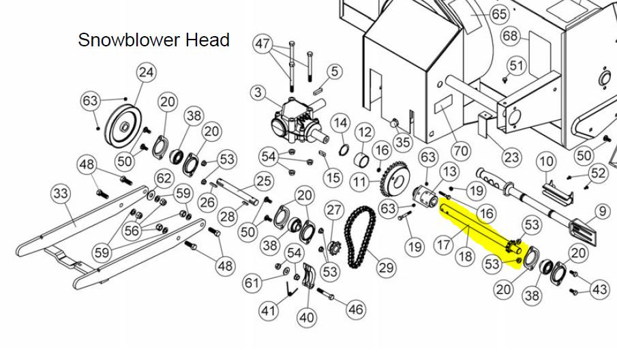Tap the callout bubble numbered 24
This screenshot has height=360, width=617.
(x=146, y=72)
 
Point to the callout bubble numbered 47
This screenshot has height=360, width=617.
(x=263, y=43)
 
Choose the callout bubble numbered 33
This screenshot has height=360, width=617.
(x=61, y=194)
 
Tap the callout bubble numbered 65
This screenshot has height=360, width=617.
(x=499, y=14)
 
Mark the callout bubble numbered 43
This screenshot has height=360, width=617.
(x=599, y=290)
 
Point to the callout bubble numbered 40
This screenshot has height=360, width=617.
(x=307, y=317)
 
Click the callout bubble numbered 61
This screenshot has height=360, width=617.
(x=252, y=282)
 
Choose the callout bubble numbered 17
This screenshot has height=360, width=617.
(x=443, y=245)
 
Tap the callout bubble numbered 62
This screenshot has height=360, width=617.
(x=164, y=178)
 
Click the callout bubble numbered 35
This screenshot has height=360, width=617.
(x=402, y=142)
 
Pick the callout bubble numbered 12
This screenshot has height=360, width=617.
(x=365, y=132)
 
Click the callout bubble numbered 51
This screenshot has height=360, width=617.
(x=516, y=65)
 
